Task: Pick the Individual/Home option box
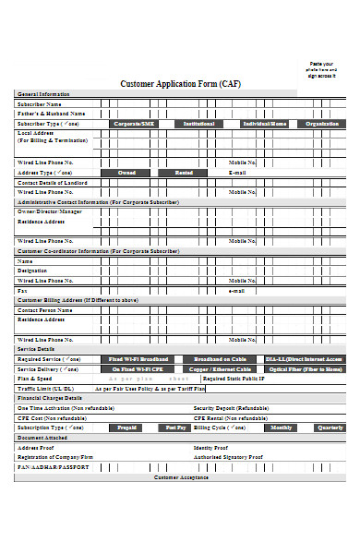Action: point(264,123)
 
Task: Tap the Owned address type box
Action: point(126,172)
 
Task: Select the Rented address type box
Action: point(185,172)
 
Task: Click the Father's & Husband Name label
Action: point(48,113)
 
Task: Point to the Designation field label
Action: point(35,270)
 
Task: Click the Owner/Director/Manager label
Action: point(50,211)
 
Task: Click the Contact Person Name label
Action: point(45,310)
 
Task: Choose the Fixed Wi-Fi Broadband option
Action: point(138,358)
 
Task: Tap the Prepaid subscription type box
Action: point(126,427)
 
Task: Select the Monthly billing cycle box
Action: point(281,427)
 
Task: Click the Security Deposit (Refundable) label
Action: point(231,407)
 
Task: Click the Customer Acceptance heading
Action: point(180,476)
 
